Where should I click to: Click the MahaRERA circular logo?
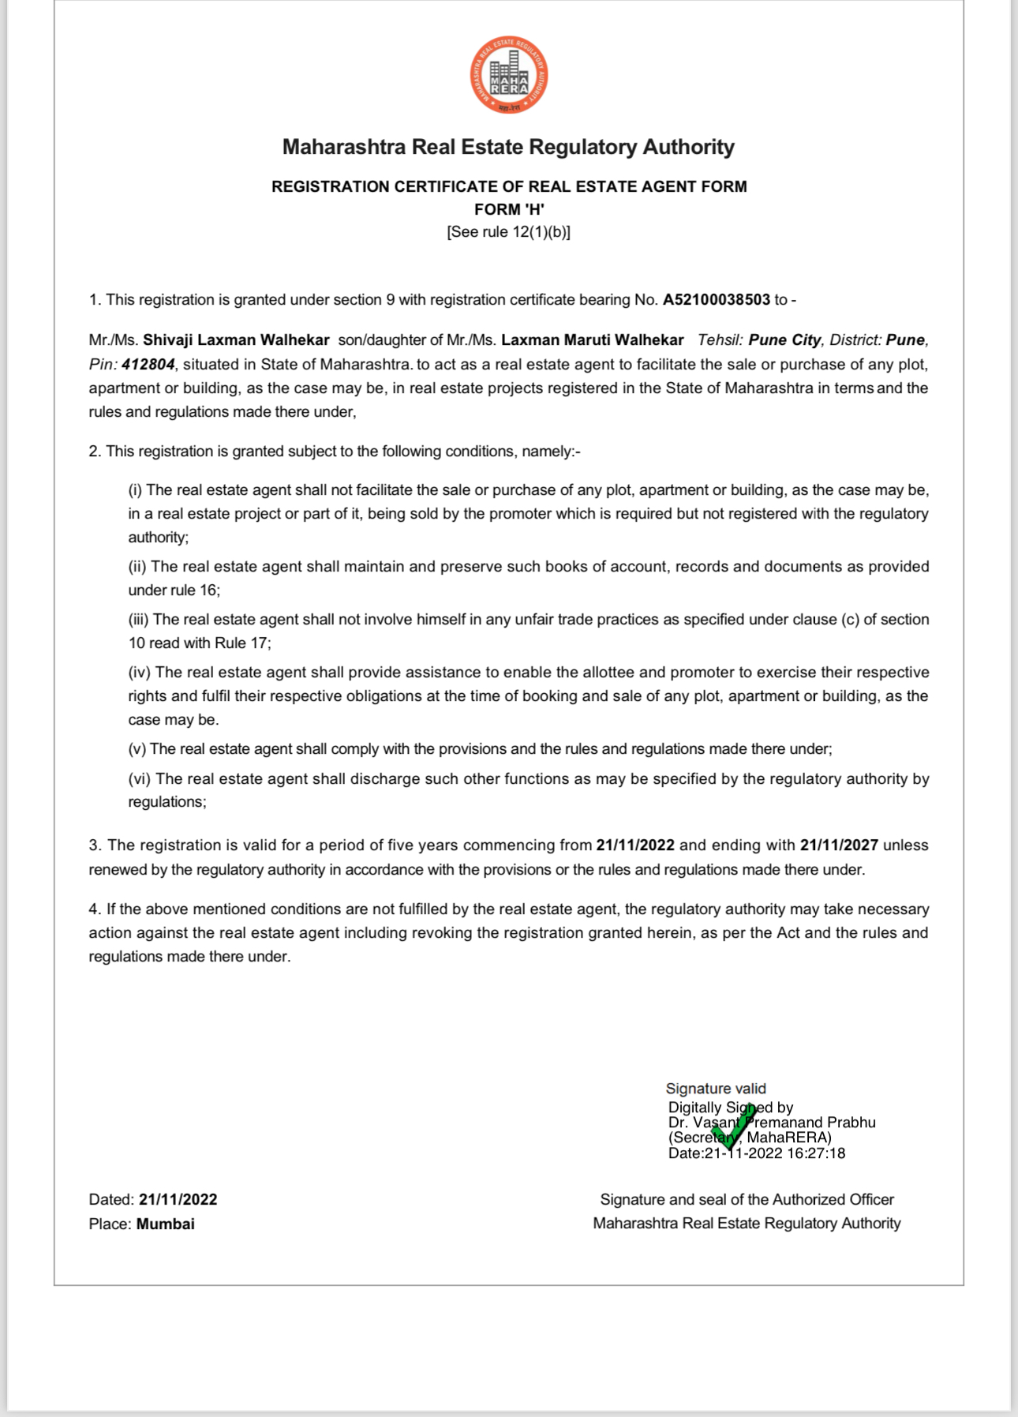pos(509,76)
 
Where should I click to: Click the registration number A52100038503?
pos(716,300)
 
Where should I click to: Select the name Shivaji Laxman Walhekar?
pos(236,340)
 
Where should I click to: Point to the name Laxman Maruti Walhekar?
pos(592,340)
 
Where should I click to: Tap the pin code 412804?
pos(148,365)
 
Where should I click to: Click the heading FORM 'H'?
pos(509,209)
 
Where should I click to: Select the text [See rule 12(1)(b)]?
pos(509,232)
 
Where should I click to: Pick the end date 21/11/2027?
pos(839,845)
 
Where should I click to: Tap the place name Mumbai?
pos(166,1224)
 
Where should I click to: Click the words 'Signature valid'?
pos(716,1089)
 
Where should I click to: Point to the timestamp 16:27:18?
pos(816,1153)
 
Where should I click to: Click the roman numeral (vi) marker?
pos(139,779)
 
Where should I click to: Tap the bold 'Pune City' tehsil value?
pos(784,340)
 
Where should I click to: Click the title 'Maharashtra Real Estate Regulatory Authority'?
pos(509,148)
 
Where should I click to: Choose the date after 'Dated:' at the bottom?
pos(178,1200)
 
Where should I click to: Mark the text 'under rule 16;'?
pos(174,590)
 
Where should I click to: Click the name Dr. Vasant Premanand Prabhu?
pos(772,1123)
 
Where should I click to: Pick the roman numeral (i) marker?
pos(135,490)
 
